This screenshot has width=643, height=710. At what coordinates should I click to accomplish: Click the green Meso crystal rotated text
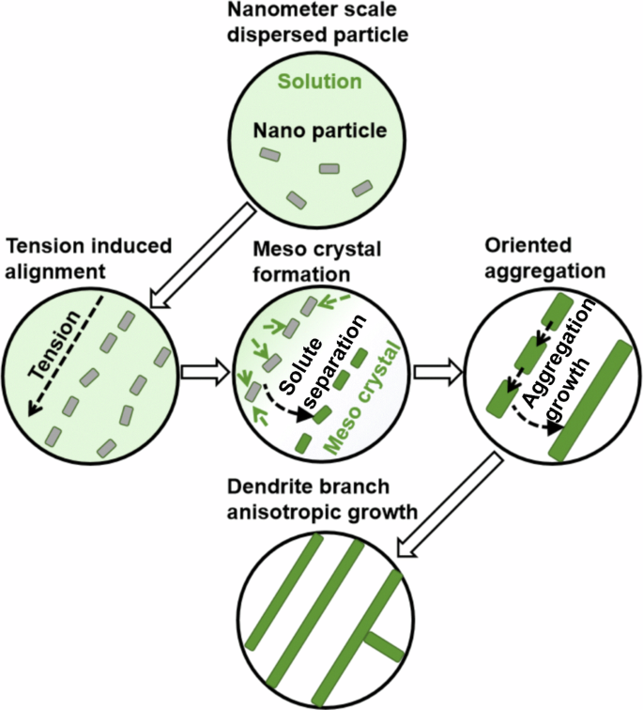pos(361,401)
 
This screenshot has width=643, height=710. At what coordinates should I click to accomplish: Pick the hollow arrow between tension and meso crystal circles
pos(199,372)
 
